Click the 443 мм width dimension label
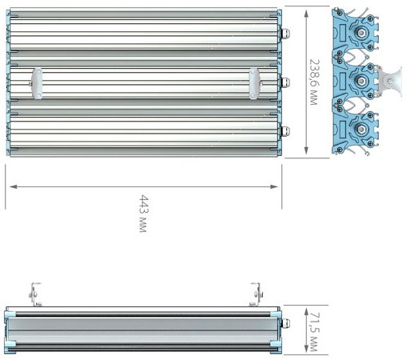(144, 214)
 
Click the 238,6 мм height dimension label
(314, 82)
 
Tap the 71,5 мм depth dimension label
(313, 331)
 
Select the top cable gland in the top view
(285, 34)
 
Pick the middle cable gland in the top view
(285, 82)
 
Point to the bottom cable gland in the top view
(285, 131)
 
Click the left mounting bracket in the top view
(36, 84)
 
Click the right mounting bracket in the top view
(255, 84)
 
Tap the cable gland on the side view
(285, 323)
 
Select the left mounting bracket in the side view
(34, 294)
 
